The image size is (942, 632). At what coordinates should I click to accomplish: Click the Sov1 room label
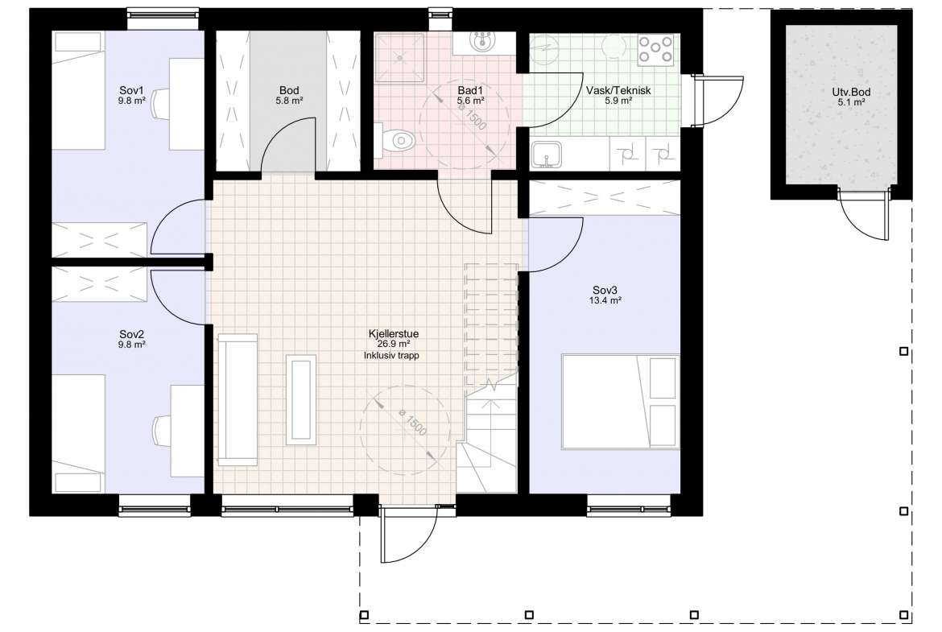pos(131,91)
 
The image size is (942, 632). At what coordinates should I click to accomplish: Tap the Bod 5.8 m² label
pos(289,96)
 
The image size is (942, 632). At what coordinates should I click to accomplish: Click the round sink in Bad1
pos(481,42)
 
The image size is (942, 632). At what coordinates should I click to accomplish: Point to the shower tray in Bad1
pos(399,56)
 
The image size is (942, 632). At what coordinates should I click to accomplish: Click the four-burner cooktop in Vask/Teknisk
pos(655,50)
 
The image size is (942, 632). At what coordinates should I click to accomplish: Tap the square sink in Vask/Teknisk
pos(546,155)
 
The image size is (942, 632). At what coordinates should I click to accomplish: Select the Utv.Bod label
pos(851,93)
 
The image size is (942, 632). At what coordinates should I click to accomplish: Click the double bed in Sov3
pos(621,401)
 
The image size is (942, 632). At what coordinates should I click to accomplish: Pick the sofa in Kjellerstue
pos(238,400)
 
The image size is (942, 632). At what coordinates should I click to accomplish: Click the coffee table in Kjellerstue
pos(301,399)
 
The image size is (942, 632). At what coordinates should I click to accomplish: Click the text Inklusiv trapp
pos(391,356)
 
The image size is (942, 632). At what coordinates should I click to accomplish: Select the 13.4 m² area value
pos(605,301)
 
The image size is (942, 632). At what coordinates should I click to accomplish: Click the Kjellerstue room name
pos(394,334)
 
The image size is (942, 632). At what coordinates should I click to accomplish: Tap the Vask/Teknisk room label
pos(618,91)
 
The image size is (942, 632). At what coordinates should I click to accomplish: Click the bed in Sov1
pos(79,90)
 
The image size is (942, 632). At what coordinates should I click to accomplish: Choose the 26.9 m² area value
pos(394,345)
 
